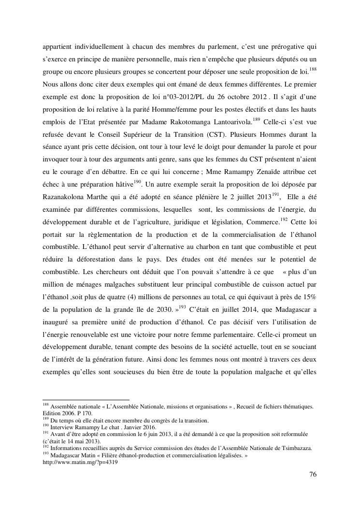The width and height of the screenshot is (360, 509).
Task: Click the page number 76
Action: [313, 474]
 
